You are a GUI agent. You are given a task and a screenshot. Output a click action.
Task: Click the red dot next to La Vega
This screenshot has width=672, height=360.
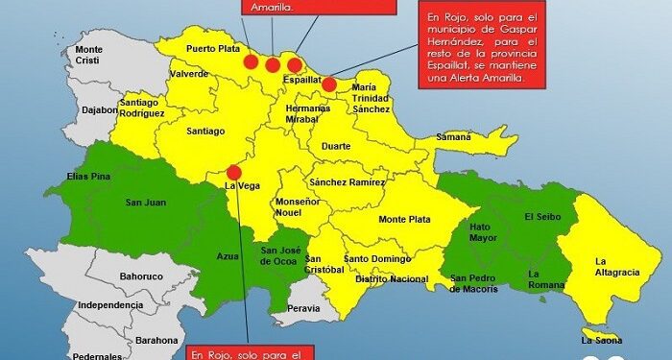coord(233,173)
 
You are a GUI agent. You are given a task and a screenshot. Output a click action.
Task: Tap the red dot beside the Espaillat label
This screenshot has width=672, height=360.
coord(329,84)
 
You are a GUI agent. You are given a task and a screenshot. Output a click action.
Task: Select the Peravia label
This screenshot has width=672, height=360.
coord(303,308)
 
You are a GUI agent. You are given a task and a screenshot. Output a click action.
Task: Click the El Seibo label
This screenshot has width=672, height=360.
coord(540,217)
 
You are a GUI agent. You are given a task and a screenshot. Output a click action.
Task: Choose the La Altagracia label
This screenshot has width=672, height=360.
coord(616,266)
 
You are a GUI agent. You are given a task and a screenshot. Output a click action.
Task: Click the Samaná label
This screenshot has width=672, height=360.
coord(454,137)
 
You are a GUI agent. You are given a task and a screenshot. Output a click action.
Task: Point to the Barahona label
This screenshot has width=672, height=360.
coord(155,340)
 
